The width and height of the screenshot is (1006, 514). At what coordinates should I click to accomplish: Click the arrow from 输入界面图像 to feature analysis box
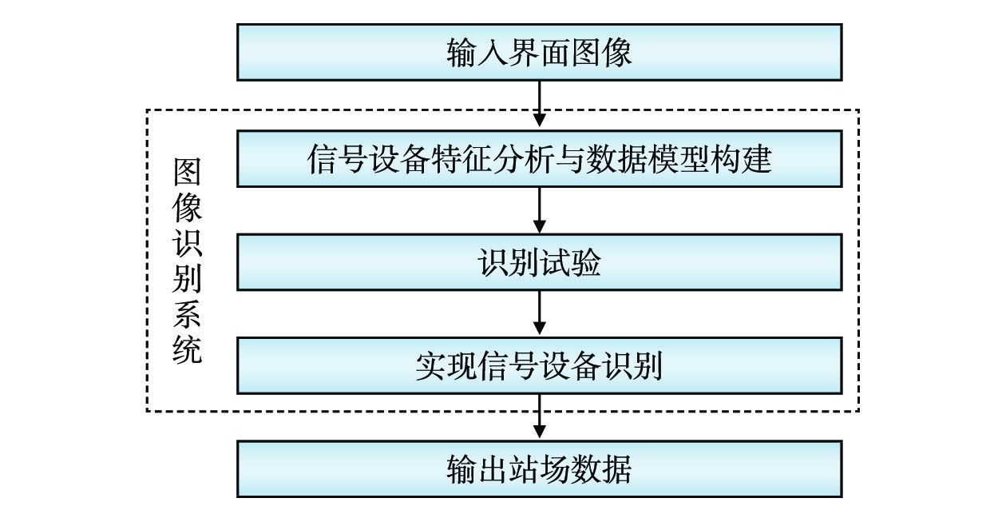[x=540, y=105]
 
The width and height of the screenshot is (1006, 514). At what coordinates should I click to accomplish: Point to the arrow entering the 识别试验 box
[x=540, y=210]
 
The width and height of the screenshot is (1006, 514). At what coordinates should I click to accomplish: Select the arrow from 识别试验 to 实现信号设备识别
[x=540, y=313]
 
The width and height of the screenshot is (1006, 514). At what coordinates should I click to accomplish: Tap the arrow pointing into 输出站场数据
[x=540, y=416]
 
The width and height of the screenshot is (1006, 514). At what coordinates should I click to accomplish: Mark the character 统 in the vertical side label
[x=187, y=349]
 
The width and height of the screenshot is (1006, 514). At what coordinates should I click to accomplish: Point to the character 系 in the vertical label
[x=187, y=314]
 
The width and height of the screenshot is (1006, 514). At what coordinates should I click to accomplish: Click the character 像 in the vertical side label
[x=187, y=208]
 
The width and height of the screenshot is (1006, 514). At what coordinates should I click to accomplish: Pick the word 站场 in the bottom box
[x=540, y=469]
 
